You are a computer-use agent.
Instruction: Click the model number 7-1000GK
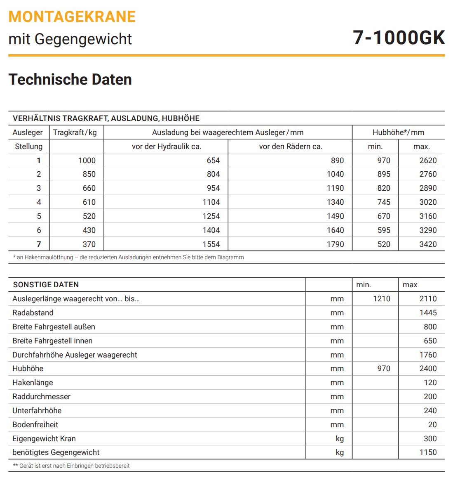(399, 38)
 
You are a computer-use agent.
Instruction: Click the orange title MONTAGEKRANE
(72, 17)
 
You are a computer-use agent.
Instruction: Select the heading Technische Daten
(70, 79)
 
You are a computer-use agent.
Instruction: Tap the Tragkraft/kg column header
(75, 132)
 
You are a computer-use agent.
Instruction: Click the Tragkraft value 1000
(87, 160)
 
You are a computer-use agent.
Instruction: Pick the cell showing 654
(213, 160)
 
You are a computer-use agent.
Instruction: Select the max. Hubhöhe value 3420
(428, 244)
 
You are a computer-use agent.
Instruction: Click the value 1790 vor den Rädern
(335, 244)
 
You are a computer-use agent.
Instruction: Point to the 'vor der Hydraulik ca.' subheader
(167, 147)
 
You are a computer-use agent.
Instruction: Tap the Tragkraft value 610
(89, 202)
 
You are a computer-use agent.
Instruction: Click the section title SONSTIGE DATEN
(46, 285)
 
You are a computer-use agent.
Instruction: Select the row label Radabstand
(33, 313)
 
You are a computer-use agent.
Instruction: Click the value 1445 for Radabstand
(428, 313)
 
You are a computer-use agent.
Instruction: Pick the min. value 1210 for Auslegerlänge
(381, 298)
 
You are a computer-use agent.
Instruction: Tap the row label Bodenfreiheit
(35, 425)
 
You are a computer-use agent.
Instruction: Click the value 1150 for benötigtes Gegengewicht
(428, 452)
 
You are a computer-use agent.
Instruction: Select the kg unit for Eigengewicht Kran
(340, 439)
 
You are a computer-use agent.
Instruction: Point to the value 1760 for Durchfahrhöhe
(428, 355)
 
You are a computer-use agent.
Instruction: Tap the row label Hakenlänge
(33, 383)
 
